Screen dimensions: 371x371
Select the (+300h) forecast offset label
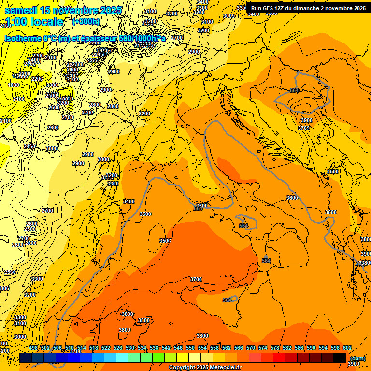pyautogui.click(x=86, y=22)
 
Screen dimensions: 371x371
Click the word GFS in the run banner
pyautogui.click(x=268, y=8)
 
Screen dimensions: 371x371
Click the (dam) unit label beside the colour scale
pyautogui.click(x=357, y=358)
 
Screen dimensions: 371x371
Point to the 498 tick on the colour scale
pyautogui.click(x=33, y=348)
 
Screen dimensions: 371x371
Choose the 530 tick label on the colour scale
pyautogui.click(x=130, y=348)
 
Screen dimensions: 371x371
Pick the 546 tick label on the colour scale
pyautogui.click(x=178, y=348)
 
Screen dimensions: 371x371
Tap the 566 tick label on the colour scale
pyautogui.click(x=239, y=348)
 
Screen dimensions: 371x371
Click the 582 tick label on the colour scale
pyautogui.click(x=287, y=348)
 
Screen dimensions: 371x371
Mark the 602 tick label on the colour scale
pyautogui.click(x=347, y=348)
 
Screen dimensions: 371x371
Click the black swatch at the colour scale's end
pyautogui.click(x=340, y=357)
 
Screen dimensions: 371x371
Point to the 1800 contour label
pyautogui.click(x=14, y=85)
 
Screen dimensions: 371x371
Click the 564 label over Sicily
pyautogui.click(x=228, y=300)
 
